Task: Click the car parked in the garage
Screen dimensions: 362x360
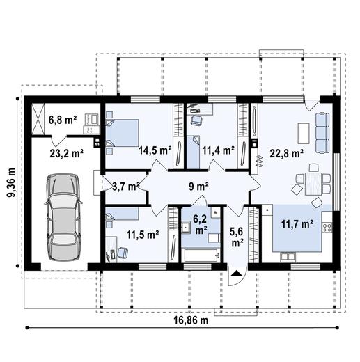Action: [61, 215]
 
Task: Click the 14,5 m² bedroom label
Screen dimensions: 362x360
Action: [155, 150]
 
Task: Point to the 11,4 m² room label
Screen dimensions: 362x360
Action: [218, 150]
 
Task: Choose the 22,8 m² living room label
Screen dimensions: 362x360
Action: [287, 153]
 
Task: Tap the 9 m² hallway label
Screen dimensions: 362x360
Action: [199, 186]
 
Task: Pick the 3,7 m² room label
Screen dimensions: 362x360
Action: [126, 186]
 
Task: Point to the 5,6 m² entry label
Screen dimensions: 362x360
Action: [237, 237]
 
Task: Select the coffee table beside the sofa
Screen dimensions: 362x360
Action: [302, 131]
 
